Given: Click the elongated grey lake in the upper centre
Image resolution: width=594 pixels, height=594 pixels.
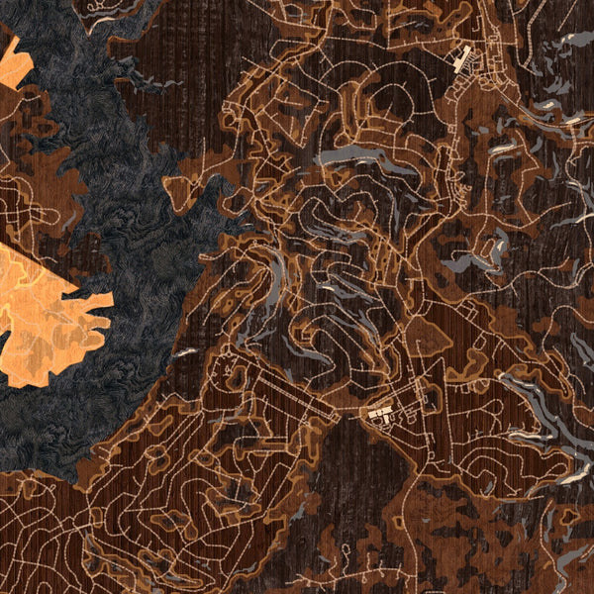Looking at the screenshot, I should (x=351, y=155).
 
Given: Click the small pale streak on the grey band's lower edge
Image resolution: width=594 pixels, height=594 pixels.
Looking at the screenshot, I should (x=186, y=351).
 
